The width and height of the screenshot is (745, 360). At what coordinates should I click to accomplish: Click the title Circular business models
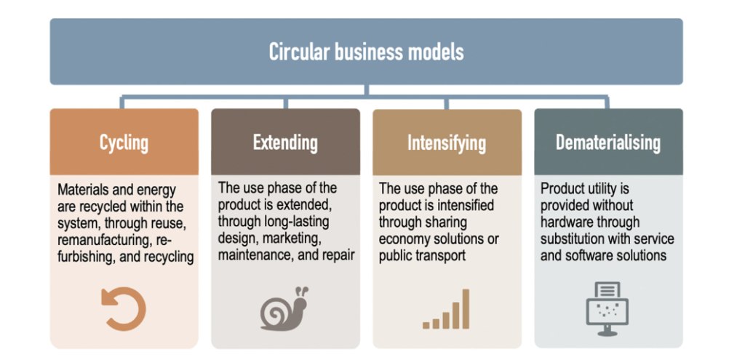(367, 52)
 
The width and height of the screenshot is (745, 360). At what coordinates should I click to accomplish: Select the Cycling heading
(124, 143)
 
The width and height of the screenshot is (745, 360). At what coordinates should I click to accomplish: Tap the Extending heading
(285, 143)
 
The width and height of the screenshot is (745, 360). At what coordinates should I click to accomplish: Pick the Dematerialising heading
(608, 143)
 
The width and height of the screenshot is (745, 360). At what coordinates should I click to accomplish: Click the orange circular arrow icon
(124, 308)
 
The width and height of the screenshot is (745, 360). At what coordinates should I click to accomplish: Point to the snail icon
(284, 308)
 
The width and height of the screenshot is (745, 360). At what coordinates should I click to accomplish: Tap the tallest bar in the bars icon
(466, 308)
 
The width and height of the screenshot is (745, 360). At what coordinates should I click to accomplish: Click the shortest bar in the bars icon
(426, 325)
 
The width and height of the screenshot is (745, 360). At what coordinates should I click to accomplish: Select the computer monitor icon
(607, 308)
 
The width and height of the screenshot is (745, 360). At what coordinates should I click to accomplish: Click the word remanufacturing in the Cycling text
(103, 240)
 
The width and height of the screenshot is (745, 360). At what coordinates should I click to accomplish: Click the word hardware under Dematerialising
(565, 222)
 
